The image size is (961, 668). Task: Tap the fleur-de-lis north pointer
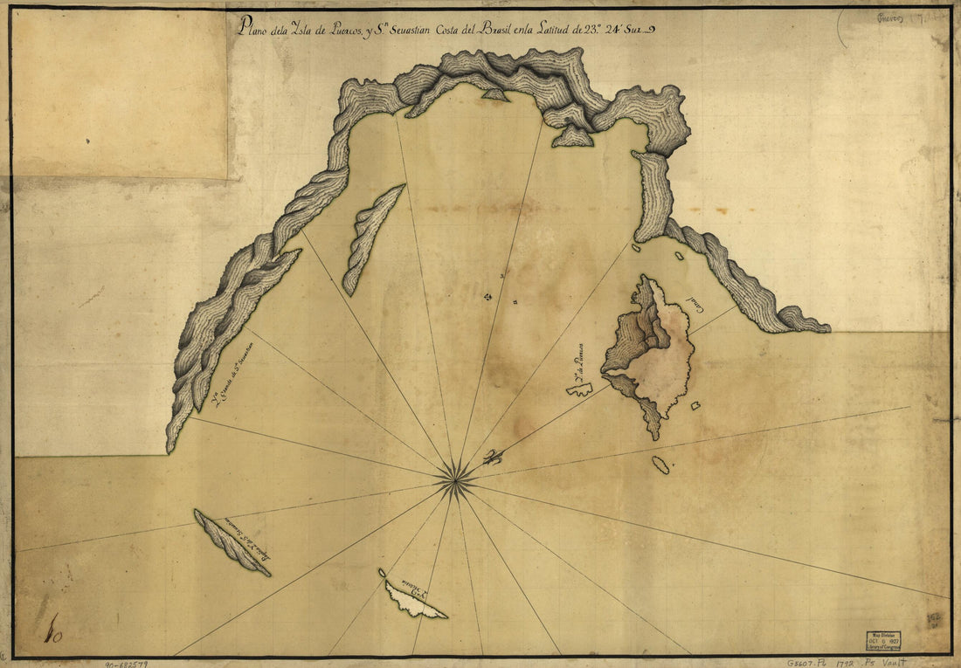point(493,457)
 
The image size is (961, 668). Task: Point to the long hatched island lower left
point(231,541)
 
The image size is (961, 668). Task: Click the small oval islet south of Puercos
point(660,465)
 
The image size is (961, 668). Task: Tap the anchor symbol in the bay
point(487,298)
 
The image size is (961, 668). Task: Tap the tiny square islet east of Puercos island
point(695,405)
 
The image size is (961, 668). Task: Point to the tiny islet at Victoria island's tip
point(382,573)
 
